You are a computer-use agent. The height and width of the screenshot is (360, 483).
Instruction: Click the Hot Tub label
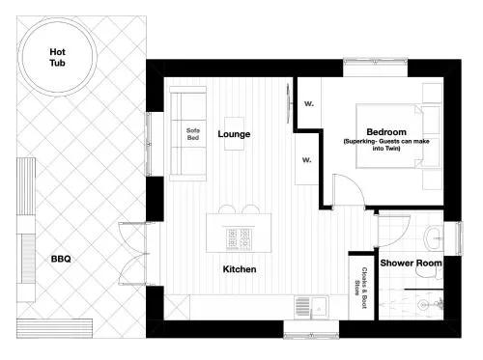57,57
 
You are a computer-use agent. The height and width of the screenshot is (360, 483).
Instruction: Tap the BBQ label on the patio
61,259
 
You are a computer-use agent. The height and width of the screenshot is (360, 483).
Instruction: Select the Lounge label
234,134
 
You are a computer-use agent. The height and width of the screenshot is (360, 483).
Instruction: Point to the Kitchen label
240,269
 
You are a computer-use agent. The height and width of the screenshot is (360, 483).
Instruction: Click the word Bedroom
386,132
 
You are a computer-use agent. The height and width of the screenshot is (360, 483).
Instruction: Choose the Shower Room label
411,263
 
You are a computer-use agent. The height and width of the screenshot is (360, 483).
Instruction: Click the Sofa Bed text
193,134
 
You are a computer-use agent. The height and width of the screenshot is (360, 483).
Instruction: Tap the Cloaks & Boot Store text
360,288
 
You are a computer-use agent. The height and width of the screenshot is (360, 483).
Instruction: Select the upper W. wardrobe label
309,103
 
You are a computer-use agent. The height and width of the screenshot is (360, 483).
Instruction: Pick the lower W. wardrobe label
307,160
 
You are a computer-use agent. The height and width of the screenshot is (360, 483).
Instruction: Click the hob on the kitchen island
239,239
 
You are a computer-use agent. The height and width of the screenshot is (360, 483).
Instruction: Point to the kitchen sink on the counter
311,307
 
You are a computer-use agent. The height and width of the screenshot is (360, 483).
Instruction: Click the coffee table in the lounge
234,133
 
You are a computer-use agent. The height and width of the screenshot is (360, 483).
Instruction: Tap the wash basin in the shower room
433,238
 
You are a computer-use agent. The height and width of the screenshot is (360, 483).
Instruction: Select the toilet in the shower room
428,273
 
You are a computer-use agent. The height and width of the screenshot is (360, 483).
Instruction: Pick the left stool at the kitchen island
227,209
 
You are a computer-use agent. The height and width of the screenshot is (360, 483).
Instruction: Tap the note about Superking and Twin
386,145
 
